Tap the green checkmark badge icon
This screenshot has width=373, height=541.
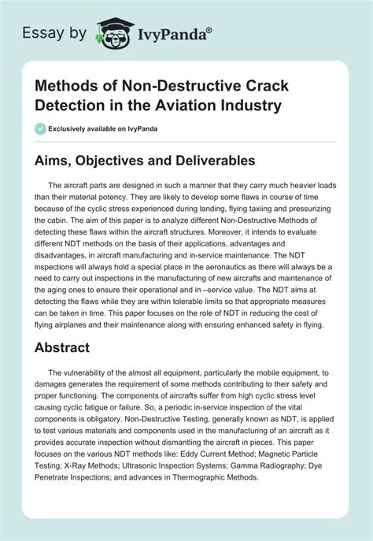[x=42, y=128]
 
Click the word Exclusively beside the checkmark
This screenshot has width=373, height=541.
[x=72, y=128]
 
